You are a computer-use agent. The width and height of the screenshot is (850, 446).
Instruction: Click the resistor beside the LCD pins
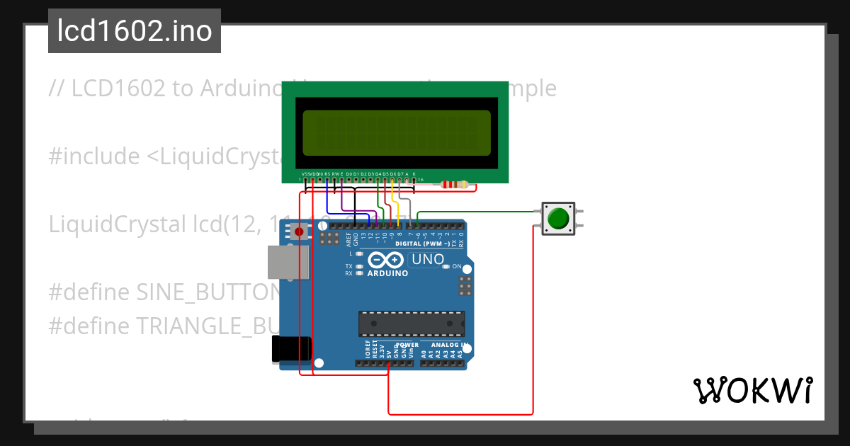click(x=454, y=185)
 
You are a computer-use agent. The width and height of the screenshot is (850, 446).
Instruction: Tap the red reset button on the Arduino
click(x=299, y=231)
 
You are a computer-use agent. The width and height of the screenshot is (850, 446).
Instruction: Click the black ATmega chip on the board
click(x=411, y=323)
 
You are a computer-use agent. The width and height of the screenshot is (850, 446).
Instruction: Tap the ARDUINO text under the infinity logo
click(x=387, y=273)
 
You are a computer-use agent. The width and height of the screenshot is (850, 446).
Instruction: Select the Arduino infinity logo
click(x=387, y=260)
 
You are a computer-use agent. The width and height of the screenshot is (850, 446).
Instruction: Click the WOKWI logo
click(x=753, y=390)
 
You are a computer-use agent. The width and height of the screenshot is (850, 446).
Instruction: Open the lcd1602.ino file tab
click(x=135, y=31)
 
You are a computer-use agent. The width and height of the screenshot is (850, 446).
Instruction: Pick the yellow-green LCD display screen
click(x=396, y=133)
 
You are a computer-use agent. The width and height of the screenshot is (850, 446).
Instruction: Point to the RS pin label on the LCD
click(x=327, y=173)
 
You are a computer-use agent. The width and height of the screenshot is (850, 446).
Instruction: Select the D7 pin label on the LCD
click(x=400, y=173)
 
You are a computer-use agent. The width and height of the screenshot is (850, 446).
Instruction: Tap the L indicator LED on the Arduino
click(x=360, y=253)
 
